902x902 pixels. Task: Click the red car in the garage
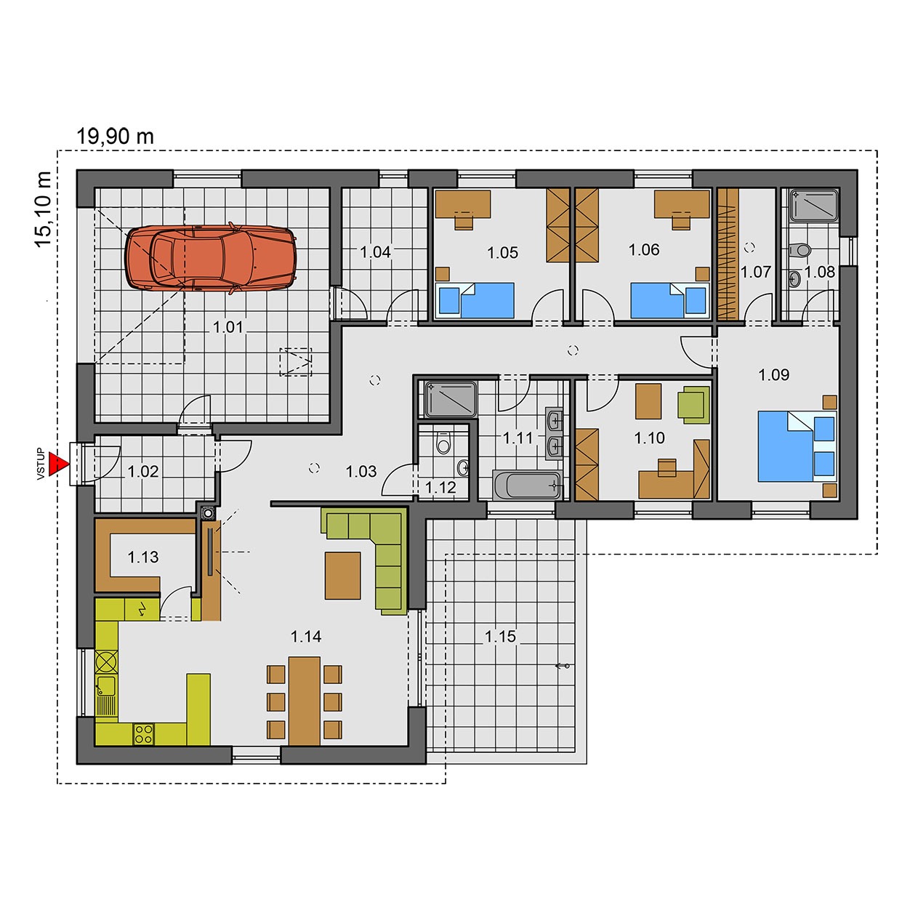point(211,258)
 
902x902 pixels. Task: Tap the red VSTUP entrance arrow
point(59,464)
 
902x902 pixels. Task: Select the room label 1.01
point(228,327)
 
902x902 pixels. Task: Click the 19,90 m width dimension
point(115,137)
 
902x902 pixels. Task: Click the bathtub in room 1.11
point(527,485)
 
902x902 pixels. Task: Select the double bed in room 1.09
point(797,446)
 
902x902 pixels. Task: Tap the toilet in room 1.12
point(442,443)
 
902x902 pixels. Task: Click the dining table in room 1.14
point(305,700)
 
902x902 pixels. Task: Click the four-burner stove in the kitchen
point(144,734)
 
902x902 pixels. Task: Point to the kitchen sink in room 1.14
point(107,696)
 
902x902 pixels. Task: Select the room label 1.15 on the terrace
point(500,636)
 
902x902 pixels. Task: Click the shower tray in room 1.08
point(813,204)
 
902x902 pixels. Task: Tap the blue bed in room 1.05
point(475,300)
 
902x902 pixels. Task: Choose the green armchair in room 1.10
point(693,405)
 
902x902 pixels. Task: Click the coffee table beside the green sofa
point(343,575)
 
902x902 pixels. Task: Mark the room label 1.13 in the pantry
point(143,557)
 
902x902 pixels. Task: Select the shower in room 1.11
point(451,399)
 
